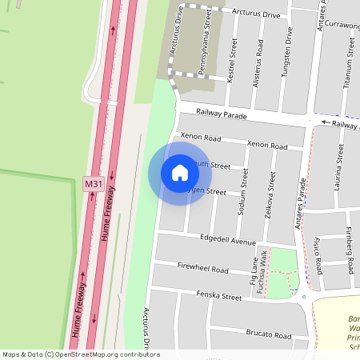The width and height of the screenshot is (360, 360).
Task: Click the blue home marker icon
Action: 180,173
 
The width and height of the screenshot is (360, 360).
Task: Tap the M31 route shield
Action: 94,184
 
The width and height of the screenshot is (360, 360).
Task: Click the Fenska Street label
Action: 219,297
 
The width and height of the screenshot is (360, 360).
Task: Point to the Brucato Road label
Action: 269,334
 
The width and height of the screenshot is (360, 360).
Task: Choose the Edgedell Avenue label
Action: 228,241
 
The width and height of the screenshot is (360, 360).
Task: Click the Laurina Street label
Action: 339,167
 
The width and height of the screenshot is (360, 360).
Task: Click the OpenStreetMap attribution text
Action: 80,354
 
